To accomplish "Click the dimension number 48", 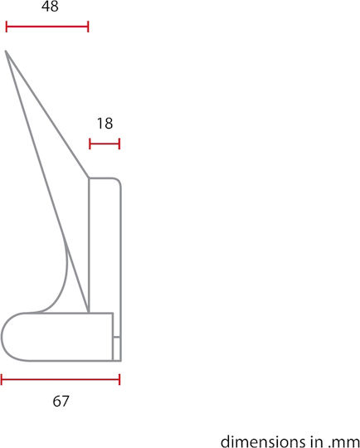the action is click(50, 7).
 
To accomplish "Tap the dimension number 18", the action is click(105, 124).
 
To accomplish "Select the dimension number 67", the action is click(61, 402).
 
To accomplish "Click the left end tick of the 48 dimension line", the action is click(7, 27).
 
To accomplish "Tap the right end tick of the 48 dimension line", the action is click(88, 27).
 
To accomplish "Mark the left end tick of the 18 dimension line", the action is click(90, 144).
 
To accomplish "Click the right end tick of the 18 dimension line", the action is click(119, 144).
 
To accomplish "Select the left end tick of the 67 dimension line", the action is click(2, 379).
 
